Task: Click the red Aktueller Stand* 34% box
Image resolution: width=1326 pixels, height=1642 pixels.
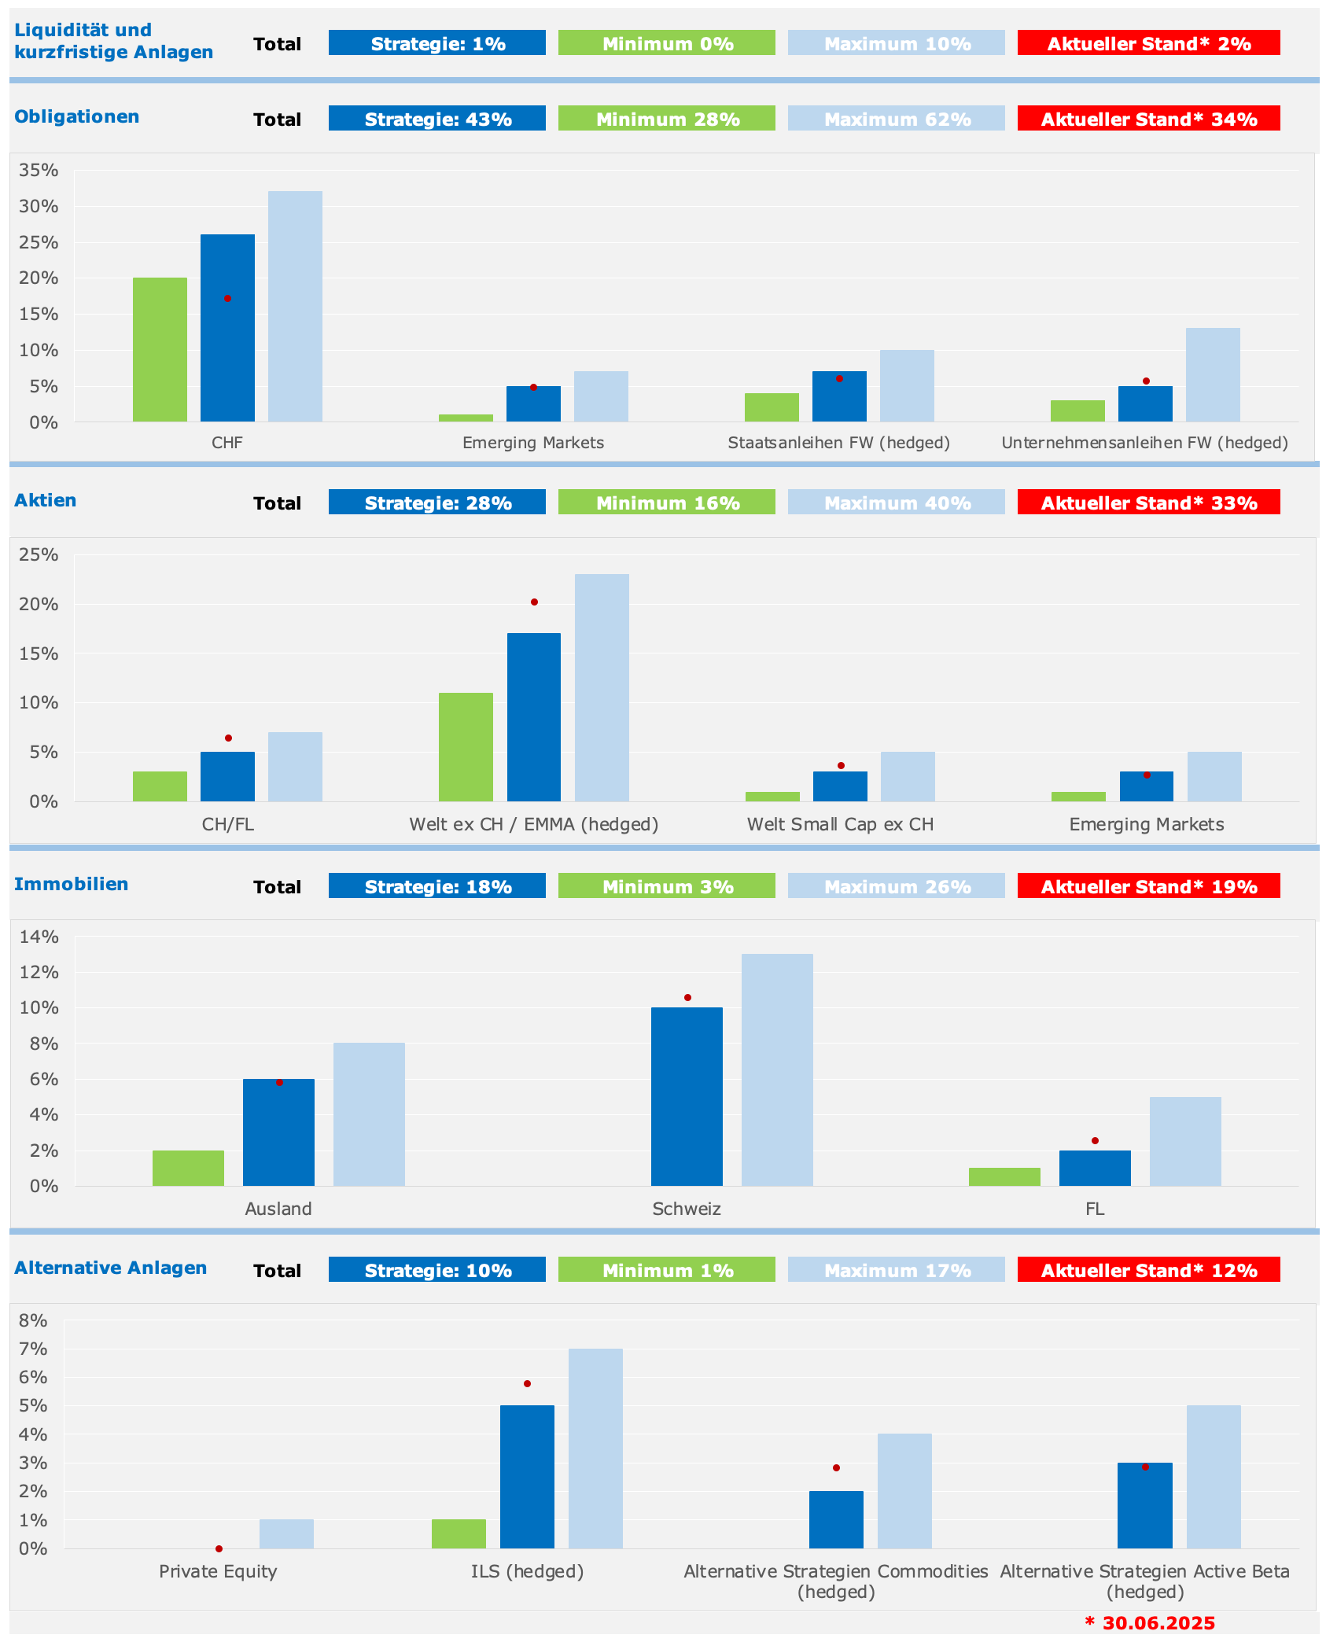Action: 1148,119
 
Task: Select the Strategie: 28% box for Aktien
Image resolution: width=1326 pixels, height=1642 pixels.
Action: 436,503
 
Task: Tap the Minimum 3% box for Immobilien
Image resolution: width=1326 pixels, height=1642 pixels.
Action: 666,886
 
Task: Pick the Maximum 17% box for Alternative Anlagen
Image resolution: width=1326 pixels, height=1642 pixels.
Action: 896,1270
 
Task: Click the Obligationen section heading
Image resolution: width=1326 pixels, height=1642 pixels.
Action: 76,116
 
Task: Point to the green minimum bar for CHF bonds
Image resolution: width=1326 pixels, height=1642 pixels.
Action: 160,349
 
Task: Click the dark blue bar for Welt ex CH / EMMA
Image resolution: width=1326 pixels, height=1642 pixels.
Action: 533,716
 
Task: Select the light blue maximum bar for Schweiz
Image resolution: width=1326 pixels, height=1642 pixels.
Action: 777,1070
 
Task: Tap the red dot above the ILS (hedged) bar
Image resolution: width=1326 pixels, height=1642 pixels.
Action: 527,1383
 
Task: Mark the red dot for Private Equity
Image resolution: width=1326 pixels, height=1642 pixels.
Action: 219,1548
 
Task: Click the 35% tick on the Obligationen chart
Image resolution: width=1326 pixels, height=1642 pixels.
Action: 39,170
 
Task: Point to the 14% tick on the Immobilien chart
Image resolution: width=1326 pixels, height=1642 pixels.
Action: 39,937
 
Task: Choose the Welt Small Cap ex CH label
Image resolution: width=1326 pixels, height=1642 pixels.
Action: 840,824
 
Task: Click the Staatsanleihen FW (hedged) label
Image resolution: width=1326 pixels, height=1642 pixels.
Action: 838,443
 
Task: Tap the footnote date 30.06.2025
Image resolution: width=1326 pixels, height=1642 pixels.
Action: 1158,1623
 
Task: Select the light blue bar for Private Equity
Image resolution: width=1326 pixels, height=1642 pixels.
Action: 286,1533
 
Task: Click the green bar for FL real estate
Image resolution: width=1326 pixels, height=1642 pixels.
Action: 1004,1176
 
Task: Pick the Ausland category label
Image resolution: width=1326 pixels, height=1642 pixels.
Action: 278,1209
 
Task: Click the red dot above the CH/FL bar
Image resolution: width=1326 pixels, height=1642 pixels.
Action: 228,738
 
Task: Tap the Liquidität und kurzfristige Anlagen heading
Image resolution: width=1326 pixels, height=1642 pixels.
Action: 113,41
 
